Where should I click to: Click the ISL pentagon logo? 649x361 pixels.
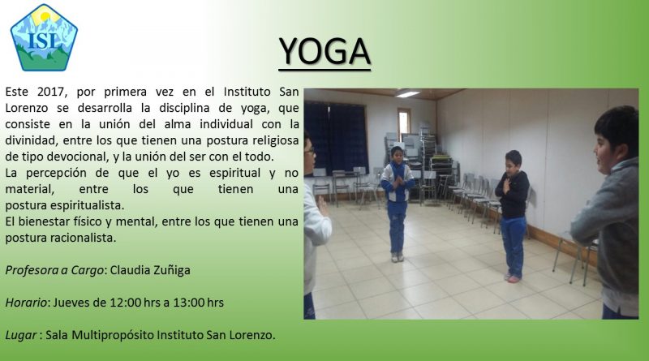point(44,37)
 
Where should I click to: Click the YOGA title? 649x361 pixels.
point(324,52)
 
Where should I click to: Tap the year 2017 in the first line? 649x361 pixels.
point(51,92)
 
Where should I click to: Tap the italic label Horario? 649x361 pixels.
point(26,303)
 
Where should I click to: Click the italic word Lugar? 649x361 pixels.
point(21,335)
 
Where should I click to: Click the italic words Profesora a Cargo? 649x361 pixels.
point(54,270)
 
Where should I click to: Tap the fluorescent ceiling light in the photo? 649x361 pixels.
point(407,94)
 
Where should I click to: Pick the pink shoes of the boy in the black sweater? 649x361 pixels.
point(513,278)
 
